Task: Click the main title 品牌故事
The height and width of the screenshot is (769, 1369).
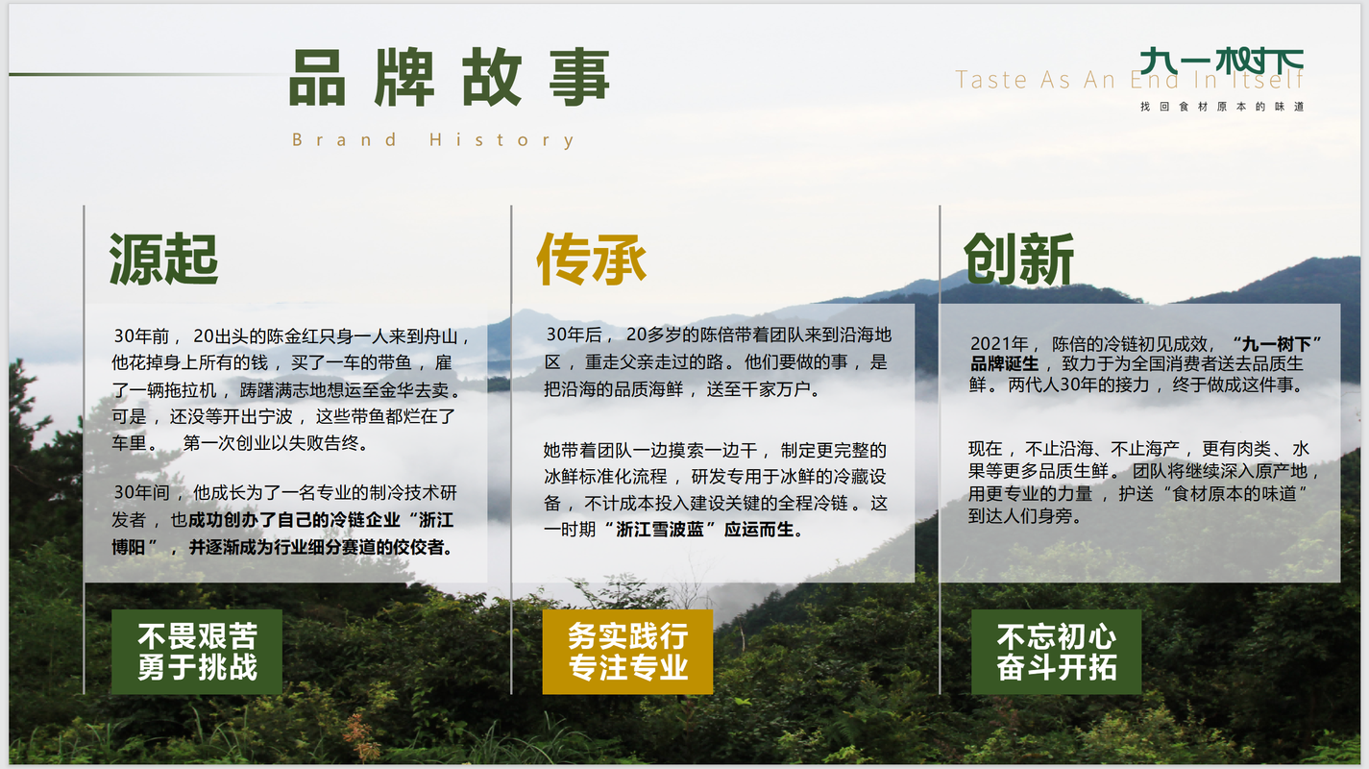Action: pos(450,77)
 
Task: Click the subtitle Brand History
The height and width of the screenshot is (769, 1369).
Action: pos(433,140)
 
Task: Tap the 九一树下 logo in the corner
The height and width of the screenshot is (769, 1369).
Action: pos(1221,62)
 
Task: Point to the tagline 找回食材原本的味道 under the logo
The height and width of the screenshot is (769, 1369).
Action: pos(1222,107)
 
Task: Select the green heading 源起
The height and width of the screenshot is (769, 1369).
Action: pos(163,260)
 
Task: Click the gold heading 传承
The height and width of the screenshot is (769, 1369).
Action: pos(591,260)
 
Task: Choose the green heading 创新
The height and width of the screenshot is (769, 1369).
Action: pos(1018,260)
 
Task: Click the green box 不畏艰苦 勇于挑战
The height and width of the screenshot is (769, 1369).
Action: pos(197,652)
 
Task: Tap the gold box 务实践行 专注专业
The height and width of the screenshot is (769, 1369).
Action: pos(627,652)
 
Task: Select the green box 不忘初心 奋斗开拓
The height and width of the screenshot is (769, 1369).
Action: pos(1056,652)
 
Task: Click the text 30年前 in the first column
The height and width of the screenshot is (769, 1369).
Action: pos(141,336)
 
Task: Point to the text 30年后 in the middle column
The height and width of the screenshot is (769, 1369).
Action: pos(574,335)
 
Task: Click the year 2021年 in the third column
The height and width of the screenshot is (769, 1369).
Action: pos(998,343)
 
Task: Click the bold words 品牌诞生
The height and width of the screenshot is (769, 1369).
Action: pos(1004,364)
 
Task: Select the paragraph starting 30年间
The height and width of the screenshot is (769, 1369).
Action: pos(284,520)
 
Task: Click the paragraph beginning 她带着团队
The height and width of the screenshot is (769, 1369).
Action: pos(715,489)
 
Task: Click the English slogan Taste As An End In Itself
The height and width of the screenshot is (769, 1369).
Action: pos(1130,80)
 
